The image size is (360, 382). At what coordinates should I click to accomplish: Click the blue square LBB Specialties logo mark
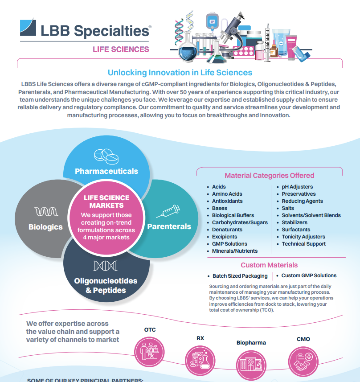coord(28,27)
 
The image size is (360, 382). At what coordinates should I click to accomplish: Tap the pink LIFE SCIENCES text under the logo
coord(121,49)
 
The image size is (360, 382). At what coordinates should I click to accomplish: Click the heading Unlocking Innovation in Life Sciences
coord(180,72)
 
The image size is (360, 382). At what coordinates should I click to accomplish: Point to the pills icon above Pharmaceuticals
coord(106,156)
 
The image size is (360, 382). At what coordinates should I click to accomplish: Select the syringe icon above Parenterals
coord(168,211)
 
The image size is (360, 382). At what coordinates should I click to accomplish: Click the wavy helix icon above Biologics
coord(46,211)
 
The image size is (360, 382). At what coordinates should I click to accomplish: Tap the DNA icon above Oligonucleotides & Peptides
coord(105,266)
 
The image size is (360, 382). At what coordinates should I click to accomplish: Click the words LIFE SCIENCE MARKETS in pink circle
coord(106,201)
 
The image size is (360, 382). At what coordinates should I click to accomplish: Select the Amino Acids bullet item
coord(227,194)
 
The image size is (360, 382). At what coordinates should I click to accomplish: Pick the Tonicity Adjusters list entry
coord(303,237)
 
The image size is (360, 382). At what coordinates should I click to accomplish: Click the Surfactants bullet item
coord(296,230)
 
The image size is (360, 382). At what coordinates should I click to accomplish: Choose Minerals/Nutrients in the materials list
coord(235,251)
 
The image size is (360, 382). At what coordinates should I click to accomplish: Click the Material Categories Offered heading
coord(270,176)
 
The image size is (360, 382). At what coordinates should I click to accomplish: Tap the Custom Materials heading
coord(269,265)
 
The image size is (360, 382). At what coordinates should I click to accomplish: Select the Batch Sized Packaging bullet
coord(240,276)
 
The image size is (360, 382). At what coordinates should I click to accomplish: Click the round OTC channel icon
coord(149,352)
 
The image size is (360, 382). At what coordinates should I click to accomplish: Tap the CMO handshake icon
coord(303,361)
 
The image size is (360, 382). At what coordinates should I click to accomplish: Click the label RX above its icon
coord(200,338)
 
